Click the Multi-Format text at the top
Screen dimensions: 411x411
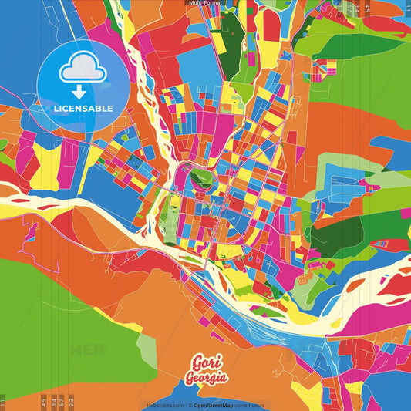pyautogui.click(x=205, y=3)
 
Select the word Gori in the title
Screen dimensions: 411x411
pyautogui.click(x=204, y=363)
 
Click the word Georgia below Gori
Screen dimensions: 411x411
pyautogui.click(x=205, y=378)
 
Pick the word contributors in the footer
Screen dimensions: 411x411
pyautogui.click(x=250, y=405)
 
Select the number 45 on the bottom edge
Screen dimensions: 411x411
pyautogui.click(x=43, y=401)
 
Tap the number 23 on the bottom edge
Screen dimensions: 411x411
pyautogui.click(x=72, y=401)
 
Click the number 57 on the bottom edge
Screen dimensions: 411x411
pyautogui.click(x=62, y=401)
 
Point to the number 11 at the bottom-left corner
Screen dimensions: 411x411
pyautogui.click(x=3, y=402)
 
